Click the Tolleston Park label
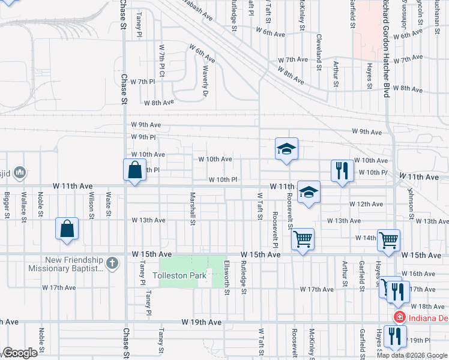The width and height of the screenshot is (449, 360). pyautogui.click(x=179, y=276)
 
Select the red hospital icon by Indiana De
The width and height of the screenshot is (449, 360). pyautogui.click(x=397, y=317)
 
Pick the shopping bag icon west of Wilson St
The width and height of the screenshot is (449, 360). pyautogui.click(x=67, y=229)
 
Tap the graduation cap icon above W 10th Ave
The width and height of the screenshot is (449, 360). pyautogui.click(x=286, y=148)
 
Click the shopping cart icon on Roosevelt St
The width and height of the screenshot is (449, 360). pyautogui.click(x=303, y=239)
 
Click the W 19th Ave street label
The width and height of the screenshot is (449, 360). pyautogui.click(x=202, y=323)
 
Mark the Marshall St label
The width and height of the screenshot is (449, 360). pyautogui.click(x=193, y=208)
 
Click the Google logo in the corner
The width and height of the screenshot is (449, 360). pyautogui.click(x=20, y=353)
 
